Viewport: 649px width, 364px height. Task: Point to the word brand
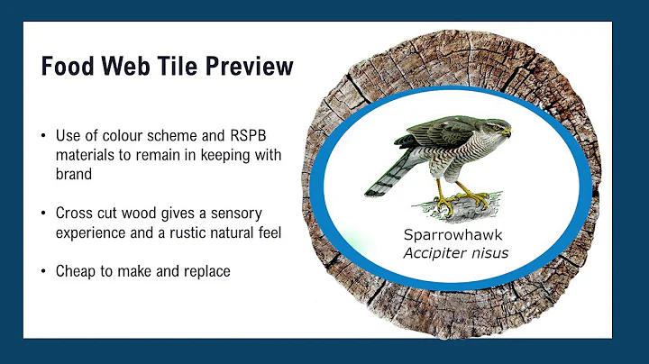click(78, 173)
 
